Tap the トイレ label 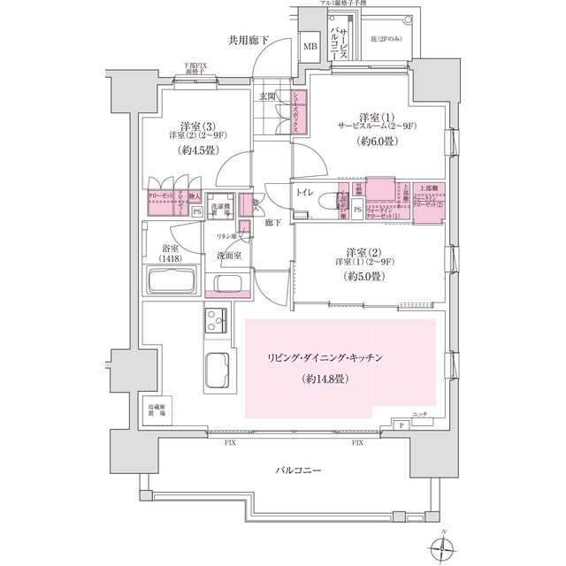(x=308, y=191)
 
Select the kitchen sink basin (x=218, y=370)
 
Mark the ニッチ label (x=420, y=414)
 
